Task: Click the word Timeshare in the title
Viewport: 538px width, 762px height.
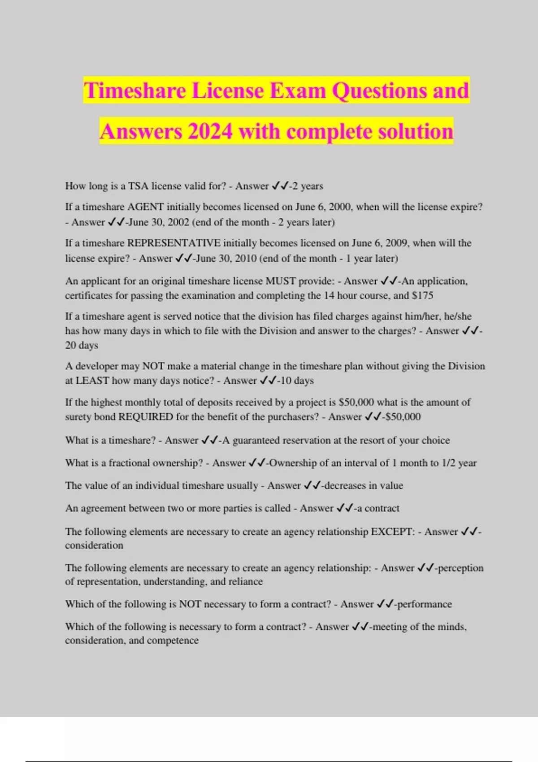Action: (x=135, y=91)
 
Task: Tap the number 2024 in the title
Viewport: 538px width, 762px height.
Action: (x=210, y=132)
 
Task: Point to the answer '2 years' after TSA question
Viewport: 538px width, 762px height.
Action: (x=308, y=186)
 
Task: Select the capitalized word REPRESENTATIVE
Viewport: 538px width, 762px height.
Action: (x=174, y=243)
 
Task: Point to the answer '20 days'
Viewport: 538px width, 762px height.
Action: (x=82, y=346)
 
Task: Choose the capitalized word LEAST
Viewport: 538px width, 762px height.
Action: (x=92, y=381)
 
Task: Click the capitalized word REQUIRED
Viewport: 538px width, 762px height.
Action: (x=145, y=417)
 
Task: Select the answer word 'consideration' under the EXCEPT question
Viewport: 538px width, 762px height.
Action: (x=94, y=546)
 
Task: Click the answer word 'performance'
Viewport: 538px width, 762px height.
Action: (x=425, y=604)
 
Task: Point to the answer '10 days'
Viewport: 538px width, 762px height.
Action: (x=297, y=381)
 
